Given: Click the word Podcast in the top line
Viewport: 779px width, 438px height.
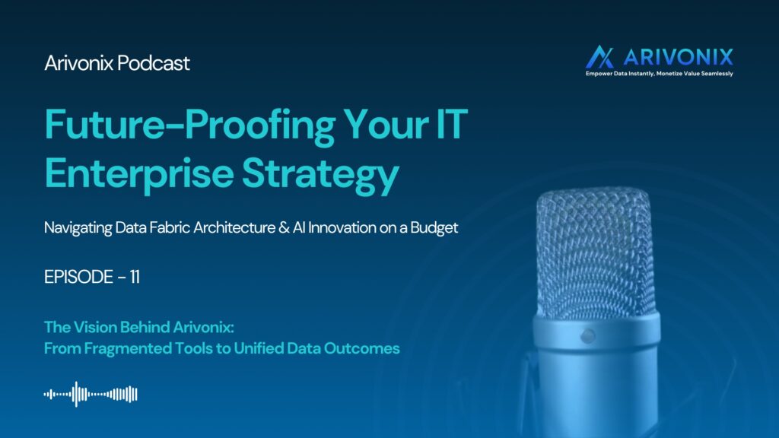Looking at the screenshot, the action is (x=154, y=63).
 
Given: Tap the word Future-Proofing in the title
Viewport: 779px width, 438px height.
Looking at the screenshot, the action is (x=190, y=126).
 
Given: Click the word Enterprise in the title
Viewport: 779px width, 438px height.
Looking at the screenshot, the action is (x=139, y=174).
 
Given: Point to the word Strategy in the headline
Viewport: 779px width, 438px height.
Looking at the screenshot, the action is (x=320, y=174).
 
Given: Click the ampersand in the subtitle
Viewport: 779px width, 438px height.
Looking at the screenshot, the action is (x=284, y=227).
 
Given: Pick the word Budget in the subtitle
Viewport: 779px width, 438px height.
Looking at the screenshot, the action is (x=434, y=228).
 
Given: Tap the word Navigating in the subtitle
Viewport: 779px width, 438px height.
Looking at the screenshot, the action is (x=78, y=228).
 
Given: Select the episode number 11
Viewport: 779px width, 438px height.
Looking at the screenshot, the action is (x=135, y=277).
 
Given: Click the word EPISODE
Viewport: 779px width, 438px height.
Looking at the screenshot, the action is (x=78, y=277).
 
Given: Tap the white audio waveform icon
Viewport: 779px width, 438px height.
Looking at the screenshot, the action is (x=91, y=395).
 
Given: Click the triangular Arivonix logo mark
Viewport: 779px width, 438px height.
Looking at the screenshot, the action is (x=599, y=56).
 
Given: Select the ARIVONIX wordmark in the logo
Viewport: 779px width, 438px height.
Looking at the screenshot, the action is (x=678, y=57).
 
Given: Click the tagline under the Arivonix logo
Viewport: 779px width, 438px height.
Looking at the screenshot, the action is (x=660, y=74).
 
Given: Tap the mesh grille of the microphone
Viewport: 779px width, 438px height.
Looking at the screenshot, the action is (x=595, y=251).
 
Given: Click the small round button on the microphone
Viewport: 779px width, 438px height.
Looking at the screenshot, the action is (x=587, y=336).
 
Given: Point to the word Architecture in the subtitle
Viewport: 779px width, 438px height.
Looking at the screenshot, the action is (x=234, y=227).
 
